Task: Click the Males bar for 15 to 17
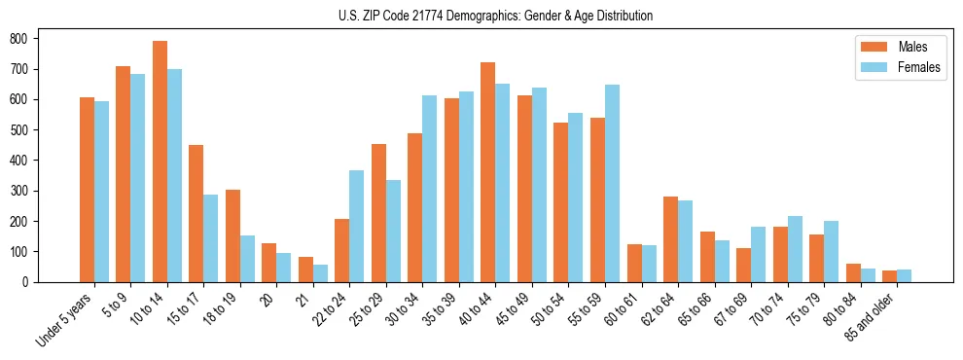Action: click(196, 213)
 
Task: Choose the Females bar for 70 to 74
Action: click(795, 249)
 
